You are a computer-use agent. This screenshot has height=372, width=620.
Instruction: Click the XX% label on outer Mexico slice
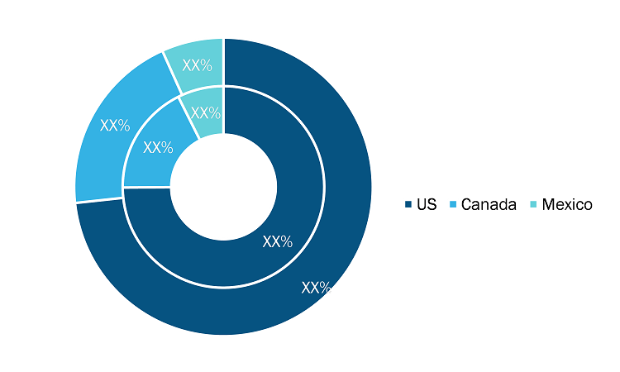(197, 65)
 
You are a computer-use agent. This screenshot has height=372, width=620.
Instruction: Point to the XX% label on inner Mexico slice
(205, 113)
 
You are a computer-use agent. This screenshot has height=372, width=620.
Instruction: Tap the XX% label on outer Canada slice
(115, 126)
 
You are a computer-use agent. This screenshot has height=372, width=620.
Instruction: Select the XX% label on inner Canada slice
(158, 147)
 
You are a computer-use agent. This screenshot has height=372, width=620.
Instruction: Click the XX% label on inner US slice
(278, 241)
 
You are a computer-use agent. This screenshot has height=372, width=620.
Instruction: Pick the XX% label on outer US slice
(317, 288)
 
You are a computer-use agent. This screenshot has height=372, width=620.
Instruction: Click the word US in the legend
(427, 204)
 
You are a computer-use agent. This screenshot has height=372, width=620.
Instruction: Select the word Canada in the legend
(489, 204)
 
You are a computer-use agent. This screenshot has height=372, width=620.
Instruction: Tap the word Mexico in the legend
(567, 204)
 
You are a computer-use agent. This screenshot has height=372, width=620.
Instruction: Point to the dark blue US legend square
(408, 204)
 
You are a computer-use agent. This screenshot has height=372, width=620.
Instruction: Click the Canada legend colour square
(453, 204)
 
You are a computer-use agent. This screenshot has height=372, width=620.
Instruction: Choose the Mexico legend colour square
(533, 204)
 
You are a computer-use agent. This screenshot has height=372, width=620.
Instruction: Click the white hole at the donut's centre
(224, 187)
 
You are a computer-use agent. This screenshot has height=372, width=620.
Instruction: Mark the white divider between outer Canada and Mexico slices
(172, 74)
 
